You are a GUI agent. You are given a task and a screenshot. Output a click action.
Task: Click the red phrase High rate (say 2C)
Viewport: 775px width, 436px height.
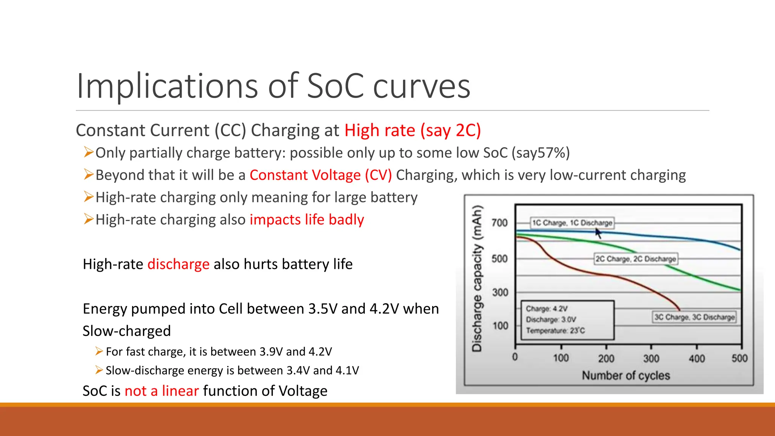(x=412, y=131)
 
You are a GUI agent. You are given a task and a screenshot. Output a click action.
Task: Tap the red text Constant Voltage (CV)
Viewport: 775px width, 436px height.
(x=321, y=175)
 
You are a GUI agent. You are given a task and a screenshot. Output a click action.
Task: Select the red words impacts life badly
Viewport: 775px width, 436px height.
(x=307, y=220)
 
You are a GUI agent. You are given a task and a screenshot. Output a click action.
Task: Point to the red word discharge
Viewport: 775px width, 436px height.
(x=178, y=264)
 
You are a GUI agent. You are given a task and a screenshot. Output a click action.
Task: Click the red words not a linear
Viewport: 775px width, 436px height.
(x=162, y=391)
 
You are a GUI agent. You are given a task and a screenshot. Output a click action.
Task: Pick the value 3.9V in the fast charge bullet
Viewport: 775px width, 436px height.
(x=271, y=352)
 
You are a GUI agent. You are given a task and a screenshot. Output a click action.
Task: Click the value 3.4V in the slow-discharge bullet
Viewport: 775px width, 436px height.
(x=298, y=370)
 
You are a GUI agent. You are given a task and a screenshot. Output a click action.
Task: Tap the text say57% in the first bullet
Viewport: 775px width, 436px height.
(x=540, y=153)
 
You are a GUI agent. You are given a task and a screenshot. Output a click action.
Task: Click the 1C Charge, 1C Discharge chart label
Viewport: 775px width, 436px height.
(x=572, y=223)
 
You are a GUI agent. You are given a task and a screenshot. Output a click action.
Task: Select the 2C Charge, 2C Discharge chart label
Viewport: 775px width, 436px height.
(x=635, y=259)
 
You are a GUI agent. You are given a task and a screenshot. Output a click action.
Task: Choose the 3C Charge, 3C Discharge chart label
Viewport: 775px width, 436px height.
(x=694, y=317)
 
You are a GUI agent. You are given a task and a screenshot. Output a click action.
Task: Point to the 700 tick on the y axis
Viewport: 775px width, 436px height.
(x=500, y=223)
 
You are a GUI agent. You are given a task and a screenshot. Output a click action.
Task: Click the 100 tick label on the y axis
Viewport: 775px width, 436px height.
(x=500, y=326)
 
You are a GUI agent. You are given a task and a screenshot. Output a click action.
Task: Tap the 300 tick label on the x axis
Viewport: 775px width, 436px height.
(x=651, y=358)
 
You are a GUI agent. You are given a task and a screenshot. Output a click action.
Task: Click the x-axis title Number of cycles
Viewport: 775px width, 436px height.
(x=626, y=375)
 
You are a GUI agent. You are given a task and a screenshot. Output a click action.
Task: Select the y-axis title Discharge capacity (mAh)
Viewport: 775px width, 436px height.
(x=477, y=278)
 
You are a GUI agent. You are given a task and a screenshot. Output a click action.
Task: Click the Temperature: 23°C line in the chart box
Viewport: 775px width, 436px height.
(x=555, y=331)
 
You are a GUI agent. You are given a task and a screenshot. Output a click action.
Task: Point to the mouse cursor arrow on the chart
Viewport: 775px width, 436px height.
(x=598, y=232)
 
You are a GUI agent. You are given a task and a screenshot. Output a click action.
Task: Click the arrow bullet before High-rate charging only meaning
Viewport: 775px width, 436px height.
(x=89, y=197)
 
